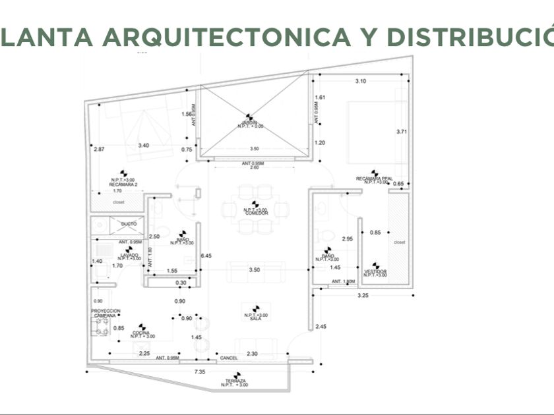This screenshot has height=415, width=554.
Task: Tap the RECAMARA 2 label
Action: (x=123, y=185)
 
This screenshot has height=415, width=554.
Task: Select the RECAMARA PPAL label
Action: (x=375, y=179)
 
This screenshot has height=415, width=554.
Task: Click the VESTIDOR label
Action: (x=375, y=271)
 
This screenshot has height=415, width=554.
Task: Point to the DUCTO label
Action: (x=129, y=224)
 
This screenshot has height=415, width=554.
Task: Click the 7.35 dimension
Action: (x=199, y=372)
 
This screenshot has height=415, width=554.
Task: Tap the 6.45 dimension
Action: (x=206, y=255)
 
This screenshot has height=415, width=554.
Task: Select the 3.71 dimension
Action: (x=402, y=132)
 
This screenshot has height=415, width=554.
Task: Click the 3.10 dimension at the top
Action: (x=360, y=80)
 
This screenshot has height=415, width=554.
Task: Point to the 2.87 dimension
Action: (x=100, y=149)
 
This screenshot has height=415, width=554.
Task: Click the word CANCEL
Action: (x=229, y=358)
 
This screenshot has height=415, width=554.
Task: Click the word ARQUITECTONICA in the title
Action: (x=226, y=37)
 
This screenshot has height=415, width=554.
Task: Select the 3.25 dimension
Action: (x=363, y=296)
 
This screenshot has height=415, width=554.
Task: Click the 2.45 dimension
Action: (x=321, y=327)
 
